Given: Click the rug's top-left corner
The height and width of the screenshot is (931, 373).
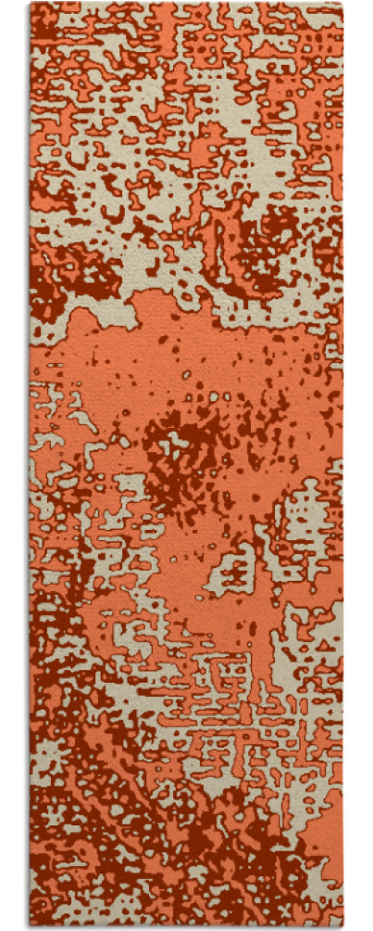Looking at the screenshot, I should pos(31,4).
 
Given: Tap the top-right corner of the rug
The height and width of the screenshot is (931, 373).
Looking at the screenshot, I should pos(342,4).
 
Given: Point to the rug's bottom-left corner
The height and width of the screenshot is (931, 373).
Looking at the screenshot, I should pos(31,926).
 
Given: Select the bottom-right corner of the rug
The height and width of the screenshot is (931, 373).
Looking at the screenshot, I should pos(342,926).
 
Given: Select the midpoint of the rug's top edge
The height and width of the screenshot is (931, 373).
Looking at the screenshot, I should pos(186,4).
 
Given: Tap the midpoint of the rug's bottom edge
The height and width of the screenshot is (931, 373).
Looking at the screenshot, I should pos(186,926).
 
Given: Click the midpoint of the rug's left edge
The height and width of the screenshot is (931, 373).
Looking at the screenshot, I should pos(31,465).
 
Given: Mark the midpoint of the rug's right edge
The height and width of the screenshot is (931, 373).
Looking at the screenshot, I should pos(342,465).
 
